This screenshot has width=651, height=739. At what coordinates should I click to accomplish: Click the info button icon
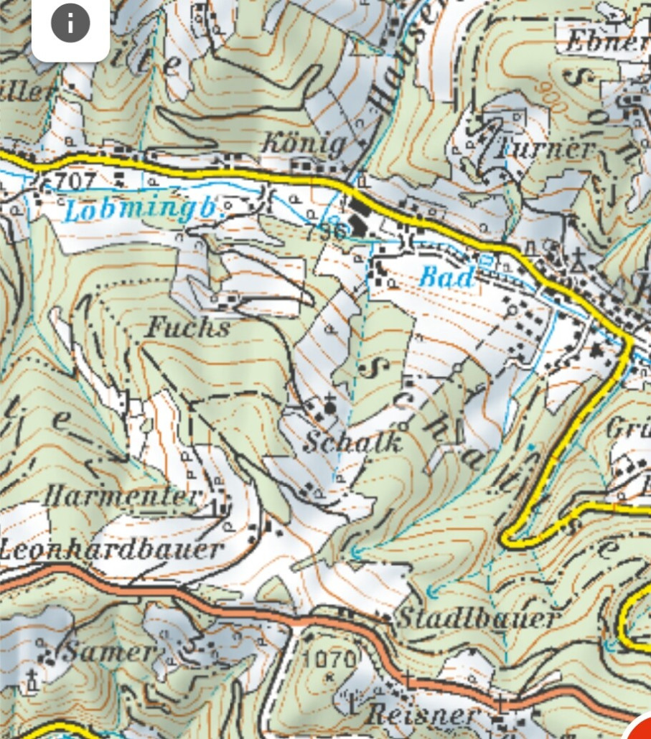70,24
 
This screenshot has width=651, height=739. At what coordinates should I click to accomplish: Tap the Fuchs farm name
188,329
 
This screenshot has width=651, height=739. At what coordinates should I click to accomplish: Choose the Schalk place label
352,442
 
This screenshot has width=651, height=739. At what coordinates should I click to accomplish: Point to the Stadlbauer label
478,618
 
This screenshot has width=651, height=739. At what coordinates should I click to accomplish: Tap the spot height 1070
330,659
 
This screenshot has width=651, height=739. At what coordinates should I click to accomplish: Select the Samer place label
109,652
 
